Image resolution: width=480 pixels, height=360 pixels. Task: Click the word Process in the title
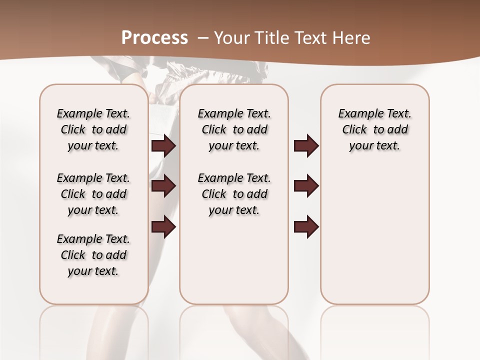point(154,38)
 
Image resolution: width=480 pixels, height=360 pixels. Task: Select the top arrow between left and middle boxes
point(163,146)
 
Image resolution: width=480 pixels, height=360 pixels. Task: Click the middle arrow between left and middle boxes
point(163,186)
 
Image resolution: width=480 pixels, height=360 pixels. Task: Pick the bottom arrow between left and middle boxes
point(163,227)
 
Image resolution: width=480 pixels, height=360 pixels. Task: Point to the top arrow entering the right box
point(306,146)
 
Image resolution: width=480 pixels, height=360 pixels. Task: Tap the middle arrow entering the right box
point(306,186)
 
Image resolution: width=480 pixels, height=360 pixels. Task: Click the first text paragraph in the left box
point(93,129)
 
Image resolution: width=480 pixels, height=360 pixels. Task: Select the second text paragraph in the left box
point(93,194)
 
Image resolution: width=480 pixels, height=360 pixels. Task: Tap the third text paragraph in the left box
point(93,255)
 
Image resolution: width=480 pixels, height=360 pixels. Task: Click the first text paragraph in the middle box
point(234,129)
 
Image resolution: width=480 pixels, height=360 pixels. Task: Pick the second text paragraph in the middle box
point(234,194)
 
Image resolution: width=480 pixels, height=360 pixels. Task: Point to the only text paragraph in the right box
point(375,129)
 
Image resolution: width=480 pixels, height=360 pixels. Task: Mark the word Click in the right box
point(354,130)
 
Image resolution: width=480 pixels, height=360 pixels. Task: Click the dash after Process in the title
point(203,38)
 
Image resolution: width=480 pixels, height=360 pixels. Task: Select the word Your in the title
point(231,38)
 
